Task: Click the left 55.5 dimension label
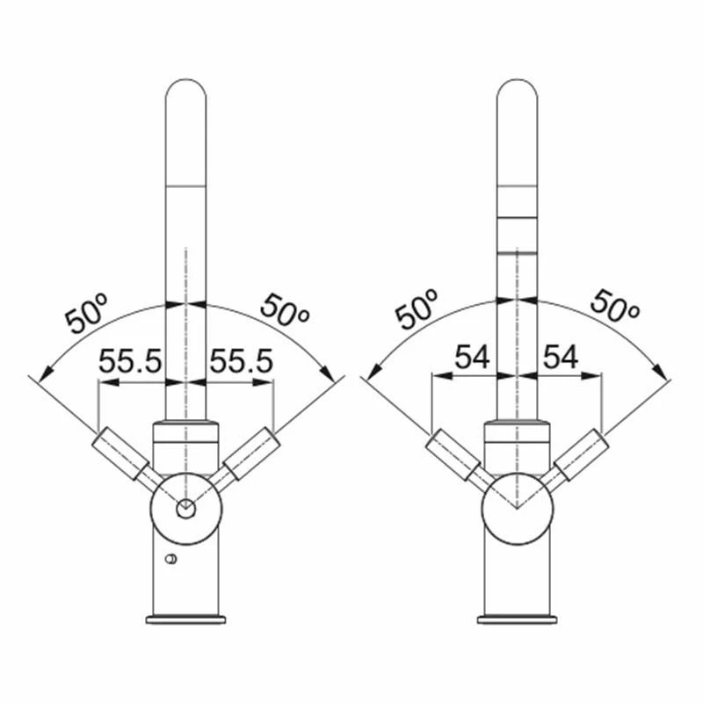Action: (129, 360)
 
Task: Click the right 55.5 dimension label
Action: (241, 360)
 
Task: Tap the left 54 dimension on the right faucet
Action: (472, 358)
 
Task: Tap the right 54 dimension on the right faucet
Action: (561, 358)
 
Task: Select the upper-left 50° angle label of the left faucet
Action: (87, 314)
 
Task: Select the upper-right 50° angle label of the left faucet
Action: (285, 310)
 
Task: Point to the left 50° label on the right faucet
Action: (417, 309)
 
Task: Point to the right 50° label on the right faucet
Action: (614, 306)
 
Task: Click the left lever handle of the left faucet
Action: (120, 453)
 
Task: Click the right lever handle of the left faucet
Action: (251, 453)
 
